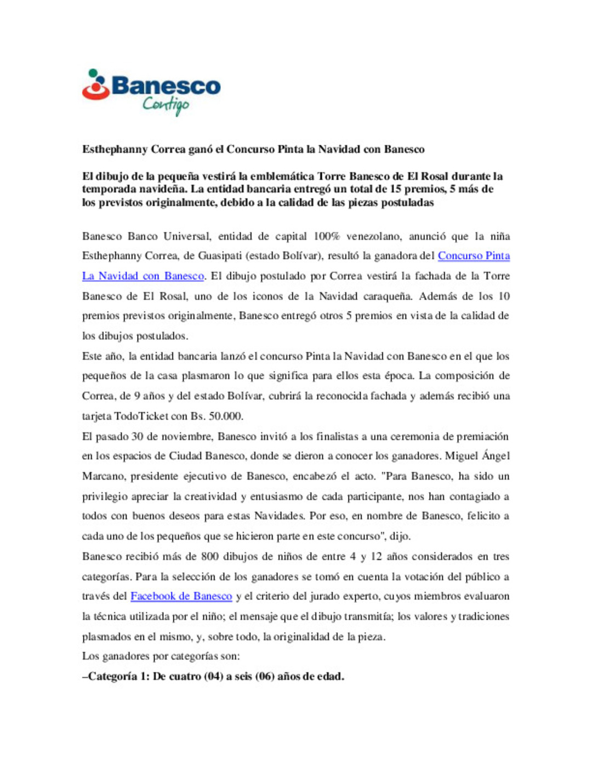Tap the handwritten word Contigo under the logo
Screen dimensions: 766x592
tap(166, 104)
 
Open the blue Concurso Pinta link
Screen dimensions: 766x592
tap(474, 256)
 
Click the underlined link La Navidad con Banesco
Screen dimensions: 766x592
tap(143, 276)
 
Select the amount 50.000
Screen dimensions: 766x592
tap(225, 416)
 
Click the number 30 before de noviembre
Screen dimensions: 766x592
tap(137, 437)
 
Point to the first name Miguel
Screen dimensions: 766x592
tap(461, 456)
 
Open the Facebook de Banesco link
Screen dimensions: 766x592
tap(181, 596)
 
